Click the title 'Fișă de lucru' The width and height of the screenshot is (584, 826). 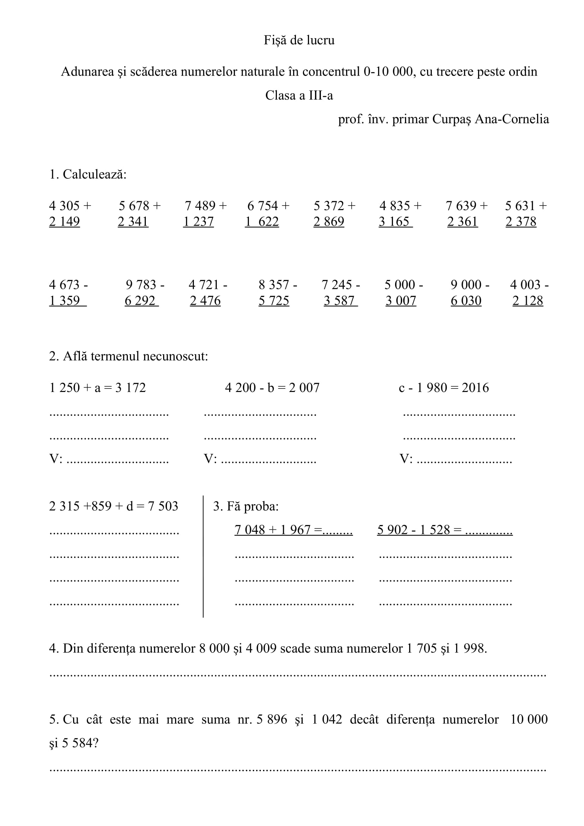299,40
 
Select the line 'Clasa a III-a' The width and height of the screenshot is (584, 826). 299,95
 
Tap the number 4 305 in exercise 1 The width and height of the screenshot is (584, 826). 64,206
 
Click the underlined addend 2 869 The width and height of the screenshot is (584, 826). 329,222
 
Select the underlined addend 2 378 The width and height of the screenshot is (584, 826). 521,222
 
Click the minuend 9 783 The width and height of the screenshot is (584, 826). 141,285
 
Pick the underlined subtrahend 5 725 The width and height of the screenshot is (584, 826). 274,301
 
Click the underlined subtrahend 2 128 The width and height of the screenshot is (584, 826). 528,301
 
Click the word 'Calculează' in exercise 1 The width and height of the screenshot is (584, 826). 94,174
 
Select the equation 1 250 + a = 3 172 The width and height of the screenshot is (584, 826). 97,388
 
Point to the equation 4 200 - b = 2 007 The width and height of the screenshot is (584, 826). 272,388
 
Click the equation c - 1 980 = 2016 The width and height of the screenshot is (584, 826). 444,388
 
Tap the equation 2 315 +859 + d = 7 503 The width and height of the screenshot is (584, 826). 114,506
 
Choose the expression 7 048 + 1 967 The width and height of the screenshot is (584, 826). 272,530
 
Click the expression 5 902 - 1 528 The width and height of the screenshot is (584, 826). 413,530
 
